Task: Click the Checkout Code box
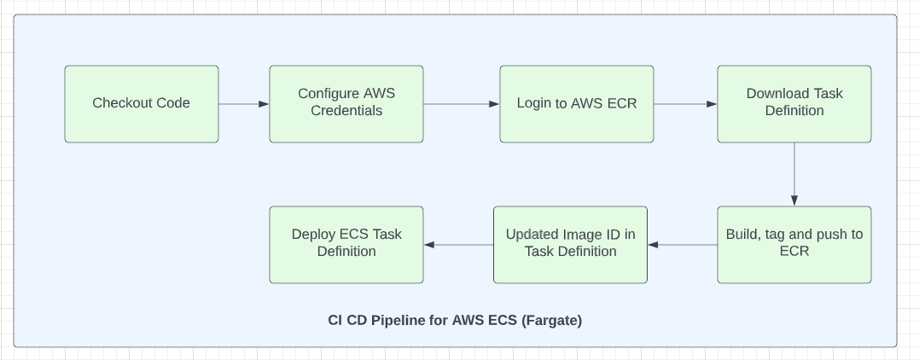click(142, 104)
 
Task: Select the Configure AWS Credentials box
click(346, 104)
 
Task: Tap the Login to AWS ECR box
click(577, 104)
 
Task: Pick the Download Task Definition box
click(794, 104)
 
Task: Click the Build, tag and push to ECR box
click(794, 245)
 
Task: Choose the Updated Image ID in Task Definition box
click(570, 245)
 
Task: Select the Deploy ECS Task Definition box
click(346, 245)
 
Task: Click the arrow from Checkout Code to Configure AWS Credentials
click(244, 104)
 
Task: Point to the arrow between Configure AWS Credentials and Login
click(461, 104)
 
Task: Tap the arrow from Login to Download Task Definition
click(685, 104)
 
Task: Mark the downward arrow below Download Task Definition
click(794, 174)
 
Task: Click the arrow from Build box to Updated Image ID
click(683, 245)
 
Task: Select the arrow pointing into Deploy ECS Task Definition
click(458, 245)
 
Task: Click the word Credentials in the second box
click(346, 111)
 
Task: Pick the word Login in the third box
click(534, 103)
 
